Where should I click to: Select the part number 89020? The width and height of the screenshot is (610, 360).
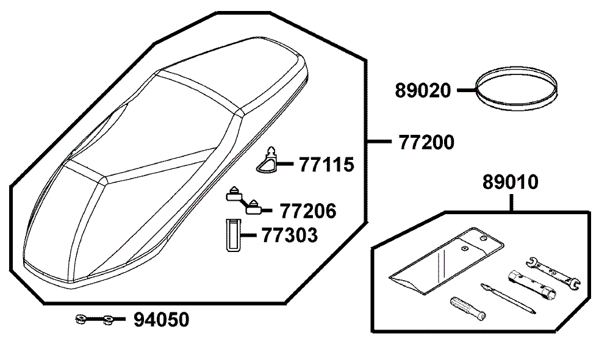(x=423, y=90)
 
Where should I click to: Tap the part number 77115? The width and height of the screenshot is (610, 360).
(x=327, y=165)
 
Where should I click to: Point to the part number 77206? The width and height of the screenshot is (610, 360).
(x=308, y=211)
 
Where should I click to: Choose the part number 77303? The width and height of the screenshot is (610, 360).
(x=290, y=235)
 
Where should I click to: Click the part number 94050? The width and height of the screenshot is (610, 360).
(x=162, y=320)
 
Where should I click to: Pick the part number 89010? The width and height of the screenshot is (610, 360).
(x=511, y=182)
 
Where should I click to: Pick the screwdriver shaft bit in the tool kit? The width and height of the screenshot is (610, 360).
(x=508, y=299)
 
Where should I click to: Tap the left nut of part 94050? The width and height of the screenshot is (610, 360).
(x=81, y=320)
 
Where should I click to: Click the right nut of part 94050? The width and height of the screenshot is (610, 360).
(x=108, y=320)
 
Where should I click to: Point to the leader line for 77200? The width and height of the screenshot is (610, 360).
(x=380, y=142)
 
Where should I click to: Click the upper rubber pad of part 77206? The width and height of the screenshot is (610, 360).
(x=234, y=193)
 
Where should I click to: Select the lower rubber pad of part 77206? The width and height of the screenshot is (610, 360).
(x=254, y=207)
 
